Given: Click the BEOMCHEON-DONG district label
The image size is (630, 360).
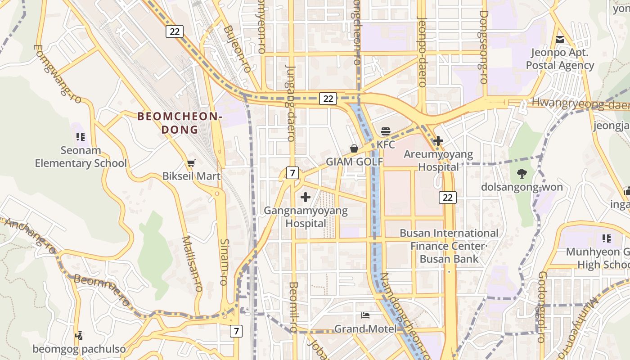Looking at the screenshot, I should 180,123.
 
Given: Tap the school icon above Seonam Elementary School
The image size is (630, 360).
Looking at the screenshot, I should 81,136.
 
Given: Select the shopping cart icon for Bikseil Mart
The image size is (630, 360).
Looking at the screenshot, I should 191,163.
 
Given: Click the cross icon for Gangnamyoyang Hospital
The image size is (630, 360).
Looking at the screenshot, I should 306,197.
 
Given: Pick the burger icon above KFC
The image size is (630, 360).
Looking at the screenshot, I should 385,131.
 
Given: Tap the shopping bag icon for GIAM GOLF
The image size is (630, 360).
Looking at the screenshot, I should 354,148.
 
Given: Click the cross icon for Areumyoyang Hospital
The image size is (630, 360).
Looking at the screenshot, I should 438,141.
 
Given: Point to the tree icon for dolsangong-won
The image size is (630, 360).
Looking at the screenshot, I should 522,173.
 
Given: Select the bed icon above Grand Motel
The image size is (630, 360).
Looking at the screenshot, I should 365,315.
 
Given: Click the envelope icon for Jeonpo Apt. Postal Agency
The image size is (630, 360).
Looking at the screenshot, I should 560,40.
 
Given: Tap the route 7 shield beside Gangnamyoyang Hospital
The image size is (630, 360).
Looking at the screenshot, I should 292,172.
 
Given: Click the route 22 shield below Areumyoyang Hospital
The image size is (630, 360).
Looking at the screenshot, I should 447,197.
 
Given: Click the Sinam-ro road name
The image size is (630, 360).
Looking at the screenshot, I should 224,261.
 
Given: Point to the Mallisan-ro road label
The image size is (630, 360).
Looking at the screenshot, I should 192,264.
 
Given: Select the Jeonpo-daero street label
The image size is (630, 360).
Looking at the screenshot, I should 422,52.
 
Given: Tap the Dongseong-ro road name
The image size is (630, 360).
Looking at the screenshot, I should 483,47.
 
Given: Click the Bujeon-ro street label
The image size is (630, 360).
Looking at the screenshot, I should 237,49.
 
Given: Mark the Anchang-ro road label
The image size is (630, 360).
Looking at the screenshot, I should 31,236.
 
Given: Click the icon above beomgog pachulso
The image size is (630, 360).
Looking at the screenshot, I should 79,335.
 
